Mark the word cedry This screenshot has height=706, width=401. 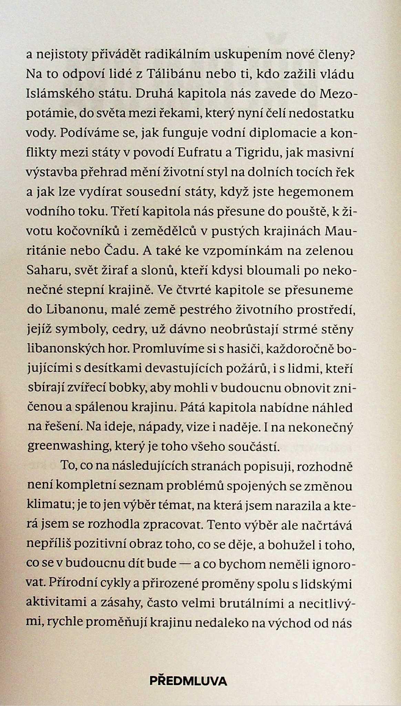coord(123,329)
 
